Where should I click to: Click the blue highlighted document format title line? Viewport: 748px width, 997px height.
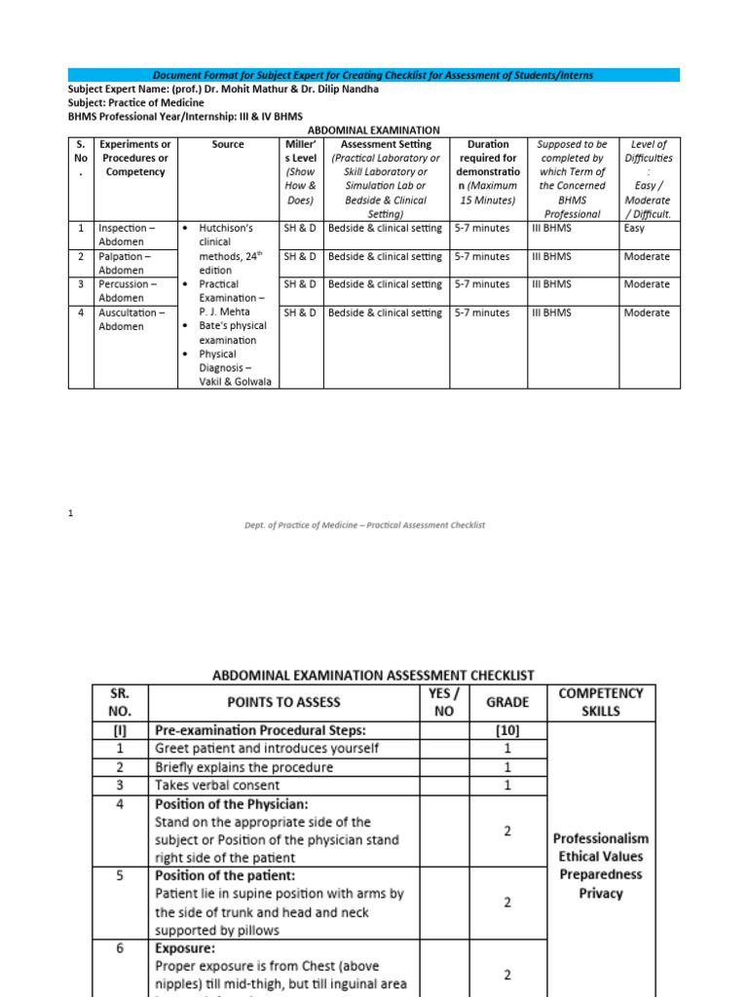[374, 75]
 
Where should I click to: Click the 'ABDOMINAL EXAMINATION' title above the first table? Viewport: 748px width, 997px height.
[374, 129]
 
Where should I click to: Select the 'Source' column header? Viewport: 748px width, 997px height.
[227, 144]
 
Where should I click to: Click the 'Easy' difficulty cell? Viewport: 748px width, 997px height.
[634, 229]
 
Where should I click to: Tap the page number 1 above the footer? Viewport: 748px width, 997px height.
[71, 513]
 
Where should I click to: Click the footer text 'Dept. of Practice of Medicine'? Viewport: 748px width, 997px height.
[364, 525]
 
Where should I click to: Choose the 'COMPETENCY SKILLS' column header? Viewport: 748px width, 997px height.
[601, 702]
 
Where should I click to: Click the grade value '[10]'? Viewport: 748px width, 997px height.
[507, 730]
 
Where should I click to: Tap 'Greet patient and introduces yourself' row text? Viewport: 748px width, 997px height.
[267, 749]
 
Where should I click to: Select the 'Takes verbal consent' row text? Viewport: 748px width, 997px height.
[217, 785]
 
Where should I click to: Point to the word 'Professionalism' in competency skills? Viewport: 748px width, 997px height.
[601, 838]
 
